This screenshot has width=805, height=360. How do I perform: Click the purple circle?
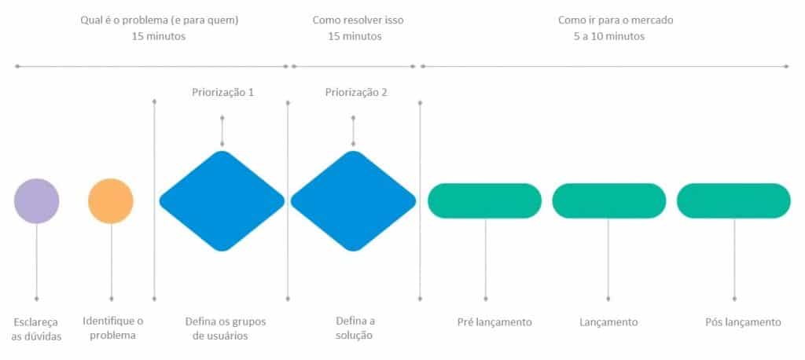pyautogui.click(x=36, y=200)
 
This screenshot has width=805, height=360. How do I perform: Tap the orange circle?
pyautogui.click(x=111, y=200)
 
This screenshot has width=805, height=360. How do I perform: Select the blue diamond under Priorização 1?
pyautogui.click(x=222, y=200)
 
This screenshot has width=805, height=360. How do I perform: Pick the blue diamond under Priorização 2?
pyautogui.click(x=353, y=200)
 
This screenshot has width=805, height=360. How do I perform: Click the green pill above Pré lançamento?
pyautogui.click(x=484, y=200)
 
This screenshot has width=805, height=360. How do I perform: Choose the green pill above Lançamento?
pyautogui.click(x=609, y=200)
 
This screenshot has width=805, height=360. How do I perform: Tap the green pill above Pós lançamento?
pyautogui.click(x=733, y=200)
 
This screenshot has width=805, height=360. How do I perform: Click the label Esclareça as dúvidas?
pyautogui.click(x=36, y=329)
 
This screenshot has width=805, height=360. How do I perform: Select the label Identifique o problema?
pyautogui.click(x=113, y=328)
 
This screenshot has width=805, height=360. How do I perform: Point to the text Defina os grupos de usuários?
pyautogui.click(x=226, y=329)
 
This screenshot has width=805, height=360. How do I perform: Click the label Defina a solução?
pyautogui.click(x=355, y=328)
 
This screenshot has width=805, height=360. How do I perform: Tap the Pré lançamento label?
pyautogui.click(x=494, y=322)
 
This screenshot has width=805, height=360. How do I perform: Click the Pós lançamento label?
pyautogui.click(x=744, y=322)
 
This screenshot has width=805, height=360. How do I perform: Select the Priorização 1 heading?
pyautogui.click(x=222, y=93)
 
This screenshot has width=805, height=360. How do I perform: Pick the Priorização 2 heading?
pyautogui.click(x=356, y=93)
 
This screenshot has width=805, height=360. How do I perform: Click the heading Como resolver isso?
pyautogui.click(x=358, y=20)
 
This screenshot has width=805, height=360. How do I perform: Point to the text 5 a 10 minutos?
pyautogui.click(x=609, y=37)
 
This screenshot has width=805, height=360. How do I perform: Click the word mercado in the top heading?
pyautogui.click(x=653, y=20)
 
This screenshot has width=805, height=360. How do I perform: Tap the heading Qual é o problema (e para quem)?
pyautogui.click(x=159, y=21)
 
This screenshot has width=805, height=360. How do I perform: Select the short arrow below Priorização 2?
pyautogui.click(x=353, y=131)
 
